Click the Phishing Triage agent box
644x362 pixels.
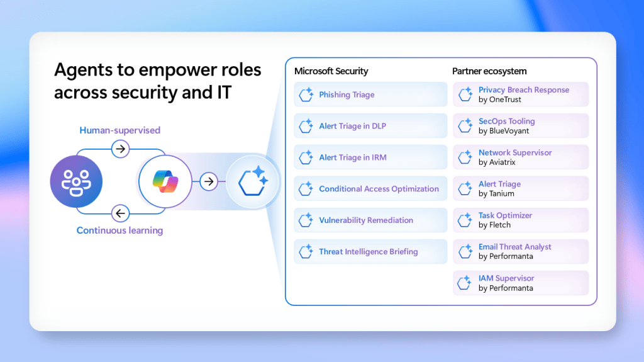tap(370, 94)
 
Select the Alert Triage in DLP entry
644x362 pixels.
tap(370, 126)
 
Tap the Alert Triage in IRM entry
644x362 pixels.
tap(370, 157)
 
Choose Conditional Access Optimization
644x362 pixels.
tap(370, 189)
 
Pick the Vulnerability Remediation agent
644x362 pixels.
tap(370, 220)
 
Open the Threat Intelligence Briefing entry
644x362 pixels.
tap(370, 251)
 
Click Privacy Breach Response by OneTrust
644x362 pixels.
tap(521, 94)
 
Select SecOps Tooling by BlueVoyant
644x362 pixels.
tap(521, 126)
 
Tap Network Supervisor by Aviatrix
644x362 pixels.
tap(521, 157)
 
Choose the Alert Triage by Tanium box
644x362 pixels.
tap(521, 189)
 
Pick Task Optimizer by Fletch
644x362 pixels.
tap(521, 220)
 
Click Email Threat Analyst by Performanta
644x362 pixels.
tap(521, 251)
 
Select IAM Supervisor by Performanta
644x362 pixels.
tap(521, 283)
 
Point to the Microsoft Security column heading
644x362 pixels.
tap(331, 71)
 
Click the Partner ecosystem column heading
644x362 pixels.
tap(489, 71)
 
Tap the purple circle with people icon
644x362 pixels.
tap(76, 181)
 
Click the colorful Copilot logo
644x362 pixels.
tap(165, 181)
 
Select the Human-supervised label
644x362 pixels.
tap(120, 130)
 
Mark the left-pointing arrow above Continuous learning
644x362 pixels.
tap(120, 213)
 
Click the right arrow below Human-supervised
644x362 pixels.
tap(120, 149)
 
